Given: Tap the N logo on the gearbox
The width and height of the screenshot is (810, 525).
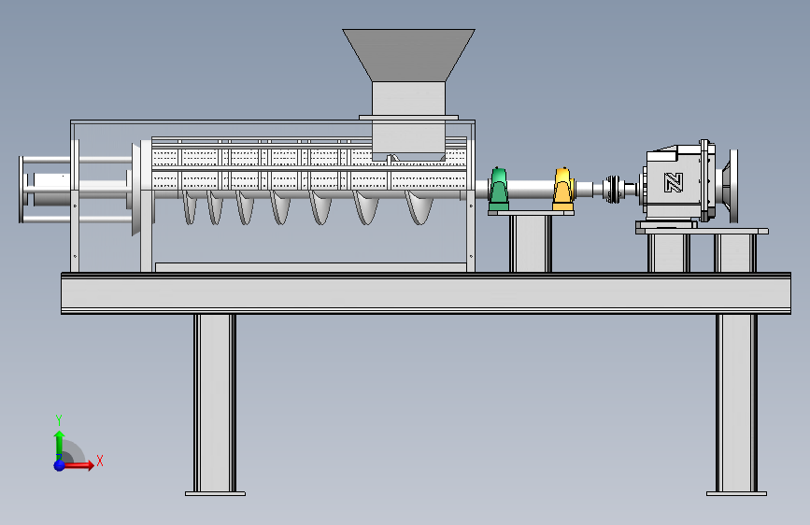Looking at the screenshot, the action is click(x=674, y=182).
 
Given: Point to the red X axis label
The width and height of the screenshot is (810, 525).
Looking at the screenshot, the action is click(x=100, y=461).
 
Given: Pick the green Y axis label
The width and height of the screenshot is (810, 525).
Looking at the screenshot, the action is click(x=59, y=420).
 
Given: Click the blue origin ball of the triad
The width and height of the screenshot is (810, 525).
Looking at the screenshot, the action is click(x=60, y=465).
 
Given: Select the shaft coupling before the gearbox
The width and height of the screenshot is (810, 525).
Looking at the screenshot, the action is click(x=613, y=189).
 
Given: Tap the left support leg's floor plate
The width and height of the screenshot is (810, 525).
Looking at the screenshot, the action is click(x=216, y=494).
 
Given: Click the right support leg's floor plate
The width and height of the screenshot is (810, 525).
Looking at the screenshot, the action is click(x=736, y=494).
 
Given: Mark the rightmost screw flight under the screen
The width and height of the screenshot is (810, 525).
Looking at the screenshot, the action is click(x=419, y=206).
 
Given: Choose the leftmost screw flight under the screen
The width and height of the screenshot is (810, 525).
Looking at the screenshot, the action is click(x=190, y=206).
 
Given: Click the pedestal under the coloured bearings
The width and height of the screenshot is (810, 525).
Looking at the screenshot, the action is click(x=531, y=241).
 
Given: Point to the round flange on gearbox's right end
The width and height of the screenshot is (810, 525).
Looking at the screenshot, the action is click(x=733, y=186).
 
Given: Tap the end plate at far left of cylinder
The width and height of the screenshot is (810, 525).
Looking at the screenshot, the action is click(x=21, y=190).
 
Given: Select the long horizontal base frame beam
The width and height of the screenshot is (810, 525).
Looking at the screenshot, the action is click(x=426, y=293).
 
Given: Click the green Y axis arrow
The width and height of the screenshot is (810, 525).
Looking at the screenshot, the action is click(x=60, y=445).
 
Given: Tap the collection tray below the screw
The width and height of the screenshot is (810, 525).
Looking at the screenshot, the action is click(x=311, y=267).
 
